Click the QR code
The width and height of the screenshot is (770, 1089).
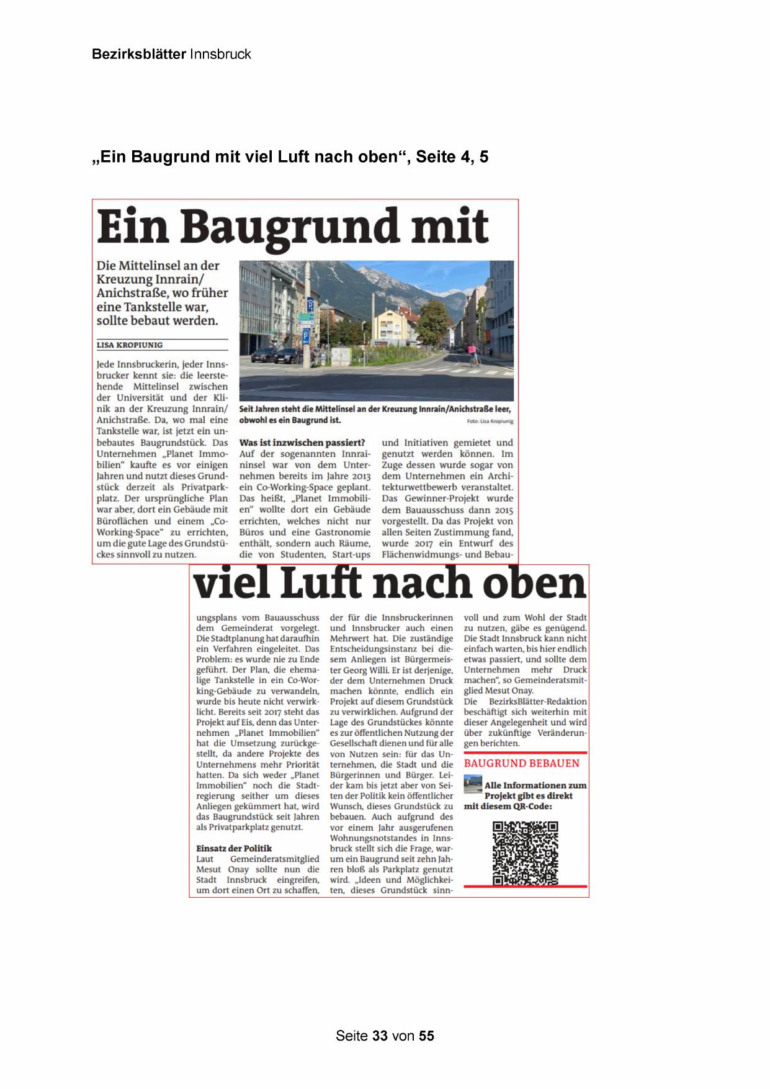click(x=525, y=853)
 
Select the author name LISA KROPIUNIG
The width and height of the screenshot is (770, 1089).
click(x=130, y=345)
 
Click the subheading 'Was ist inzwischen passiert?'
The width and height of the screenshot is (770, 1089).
click(x=302, y=443)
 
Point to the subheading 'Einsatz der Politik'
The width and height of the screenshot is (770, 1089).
click(x=234, y=848)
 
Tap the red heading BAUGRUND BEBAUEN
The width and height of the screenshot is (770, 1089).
click(x=521, y=763)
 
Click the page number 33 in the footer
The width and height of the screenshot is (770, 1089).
click(x=380, y=1036)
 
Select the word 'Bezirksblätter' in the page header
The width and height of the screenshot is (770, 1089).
click(x=138, y=55)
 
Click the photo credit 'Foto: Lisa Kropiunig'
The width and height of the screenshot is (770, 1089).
click(x=490, y=421)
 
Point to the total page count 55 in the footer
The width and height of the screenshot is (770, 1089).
click(x=426, y=1036)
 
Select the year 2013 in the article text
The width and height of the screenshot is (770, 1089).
click(x=359, y=477)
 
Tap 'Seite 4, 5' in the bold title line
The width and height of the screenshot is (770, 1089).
click(x=452, y=157)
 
